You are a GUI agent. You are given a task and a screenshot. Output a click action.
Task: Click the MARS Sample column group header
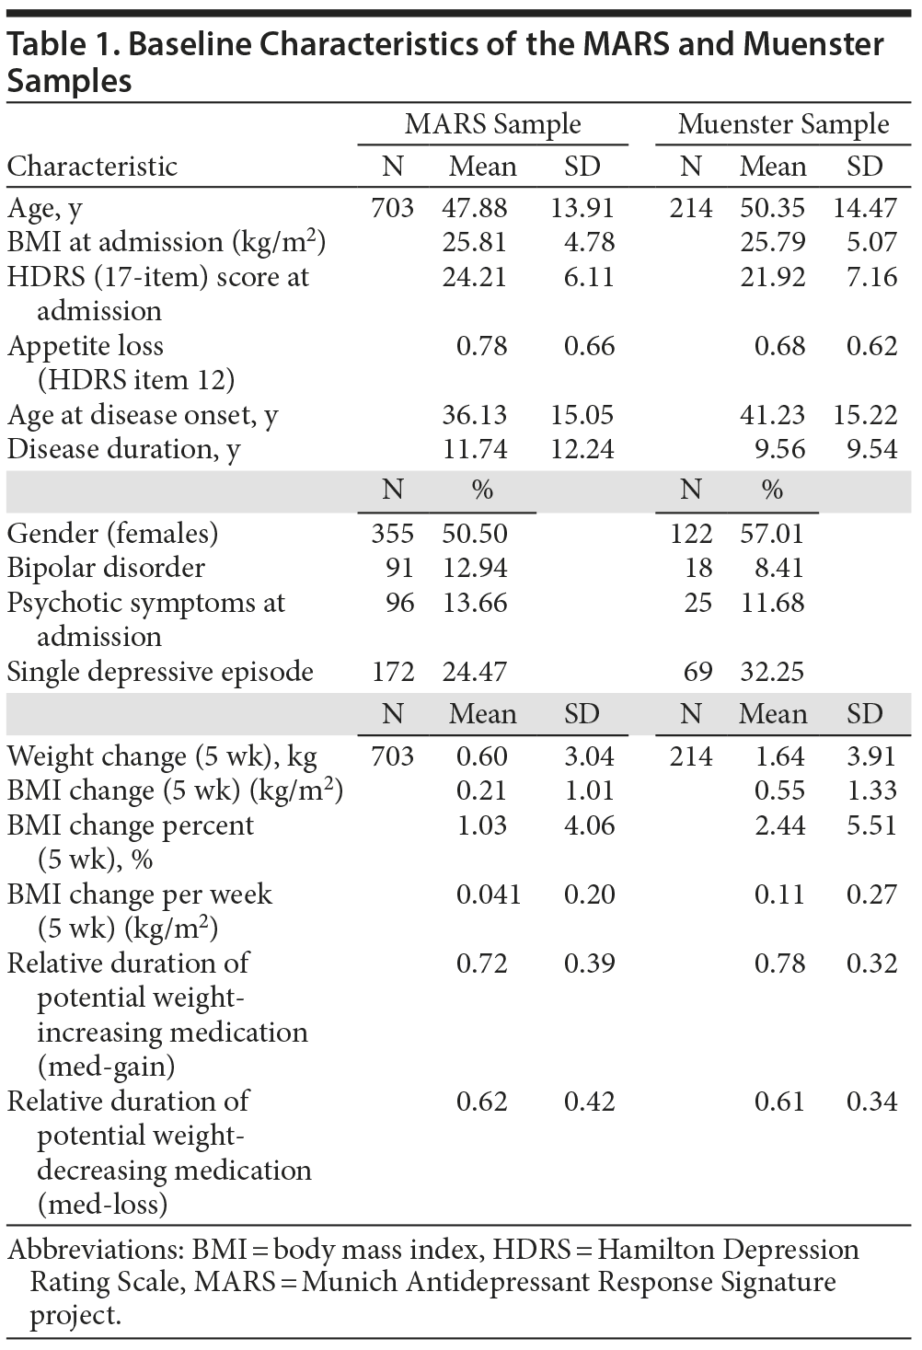492,124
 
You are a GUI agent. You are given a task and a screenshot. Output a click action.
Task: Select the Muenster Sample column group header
783,124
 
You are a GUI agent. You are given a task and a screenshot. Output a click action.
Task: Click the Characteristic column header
92,167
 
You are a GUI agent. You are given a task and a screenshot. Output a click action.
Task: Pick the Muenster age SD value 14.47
865,208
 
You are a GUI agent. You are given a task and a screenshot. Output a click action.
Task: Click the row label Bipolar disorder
106,568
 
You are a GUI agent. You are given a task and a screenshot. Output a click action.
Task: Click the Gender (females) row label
113,534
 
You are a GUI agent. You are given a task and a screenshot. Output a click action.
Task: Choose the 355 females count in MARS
393,534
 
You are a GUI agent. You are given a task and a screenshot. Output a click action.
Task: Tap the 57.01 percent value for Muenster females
772,534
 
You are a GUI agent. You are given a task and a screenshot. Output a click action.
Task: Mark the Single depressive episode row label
160,672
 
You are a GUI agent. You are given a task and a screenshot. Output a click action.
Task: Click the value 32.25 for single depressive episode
772,672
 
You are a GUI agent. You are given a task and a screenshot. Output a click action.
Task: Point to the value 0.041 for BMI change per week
489,894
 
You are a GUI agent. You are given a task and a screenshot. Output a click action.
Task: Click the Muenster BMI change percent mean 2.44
779,825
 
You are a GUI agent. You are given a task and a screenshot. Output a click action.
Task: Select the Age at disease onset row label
143,415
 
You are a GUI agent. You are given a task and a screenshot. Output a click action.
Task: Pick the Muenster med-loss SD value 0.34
871,1102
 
